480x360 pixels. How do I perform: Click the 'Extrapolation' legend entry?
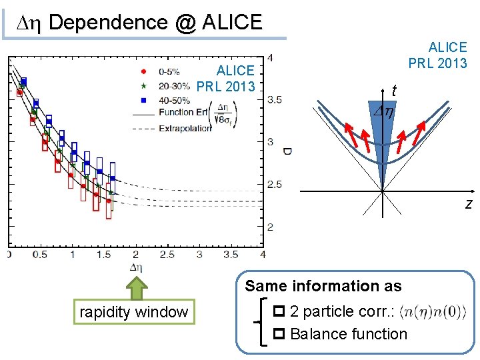tap(184, 128)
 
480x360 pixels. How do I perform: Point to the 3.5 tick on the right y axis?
tap(273, 100)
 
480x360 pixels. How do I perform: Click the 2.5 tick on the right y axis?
tap(273, 185)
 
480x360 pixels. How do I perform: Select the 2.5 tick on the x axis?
tap(168, 254)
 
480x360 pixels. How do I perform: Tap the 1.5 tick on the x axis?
tap(104, 254)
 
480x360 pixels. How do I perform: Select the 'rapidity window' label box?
tap(133, 311)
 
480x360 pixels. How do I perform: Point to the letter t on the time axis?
tap(395, 91)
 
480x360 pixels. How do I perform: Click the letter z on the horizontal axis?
tap(469, 203)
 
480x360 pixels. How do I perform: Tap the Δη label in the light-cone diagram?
tap(383, 113)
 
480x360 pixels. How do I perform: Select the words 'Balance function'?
tap(348, 333)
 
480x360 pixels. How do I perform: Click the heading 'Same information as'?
tap(323, 286)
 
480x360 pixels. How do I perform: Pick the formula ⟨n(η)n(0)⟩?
tap(433, 311)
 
